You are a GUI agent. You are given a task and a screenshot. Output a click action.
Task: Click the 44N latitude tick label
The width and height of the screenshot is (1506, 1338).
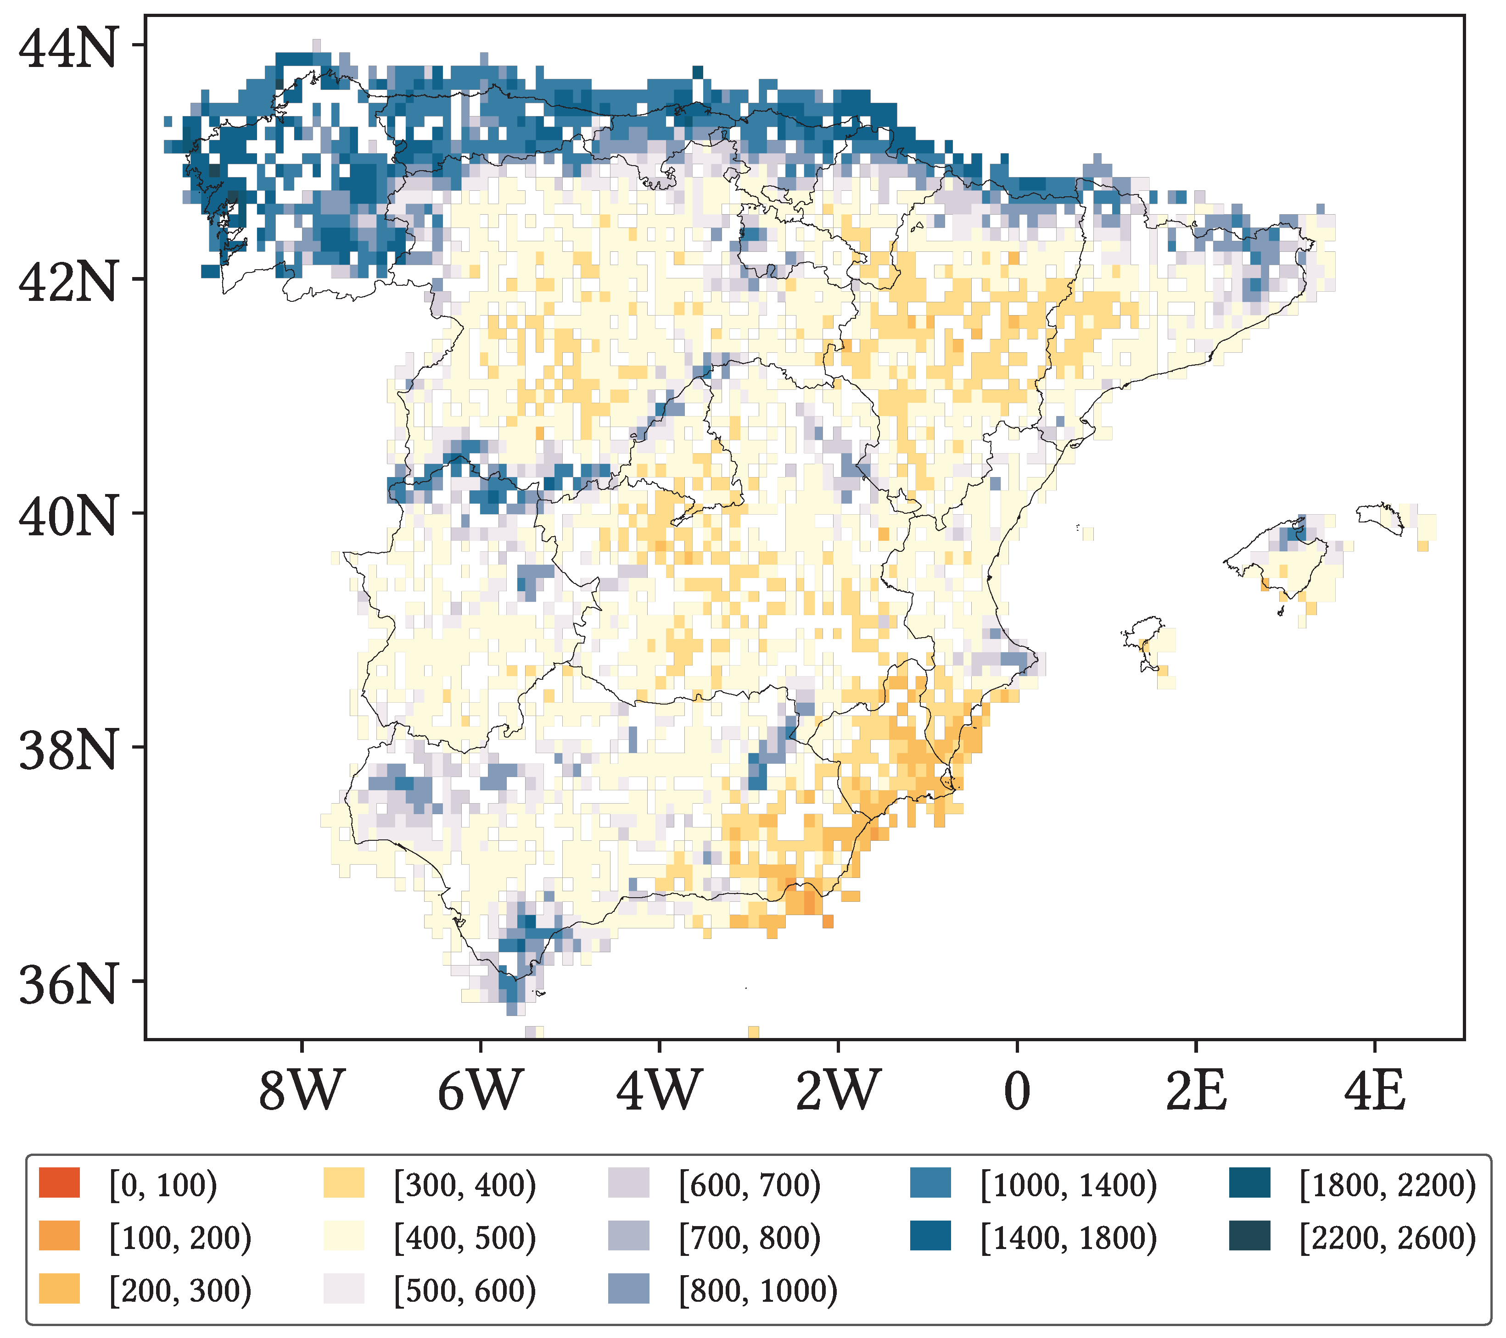pos(68,49)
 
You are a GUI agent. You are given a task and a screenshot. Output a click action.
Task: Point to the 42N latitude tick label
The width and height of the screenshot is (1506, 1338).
pos(68,283)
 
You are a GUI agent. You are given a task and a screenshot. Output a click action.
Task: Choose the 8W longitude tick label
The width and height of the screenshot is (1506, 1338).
pos(302,1091)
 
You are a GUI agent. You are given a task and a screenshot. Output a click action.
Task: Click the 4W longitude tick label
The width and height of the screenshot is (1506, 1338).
pos(659,1091)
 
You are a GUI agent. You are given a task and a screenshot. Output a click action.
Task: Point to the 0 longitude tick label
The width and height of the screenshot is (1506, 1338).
pos(1017,1091)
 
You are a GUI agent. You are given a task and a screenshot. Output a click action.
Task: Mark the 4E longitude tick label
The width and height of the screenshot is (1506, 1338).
pos(1375,1091)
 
